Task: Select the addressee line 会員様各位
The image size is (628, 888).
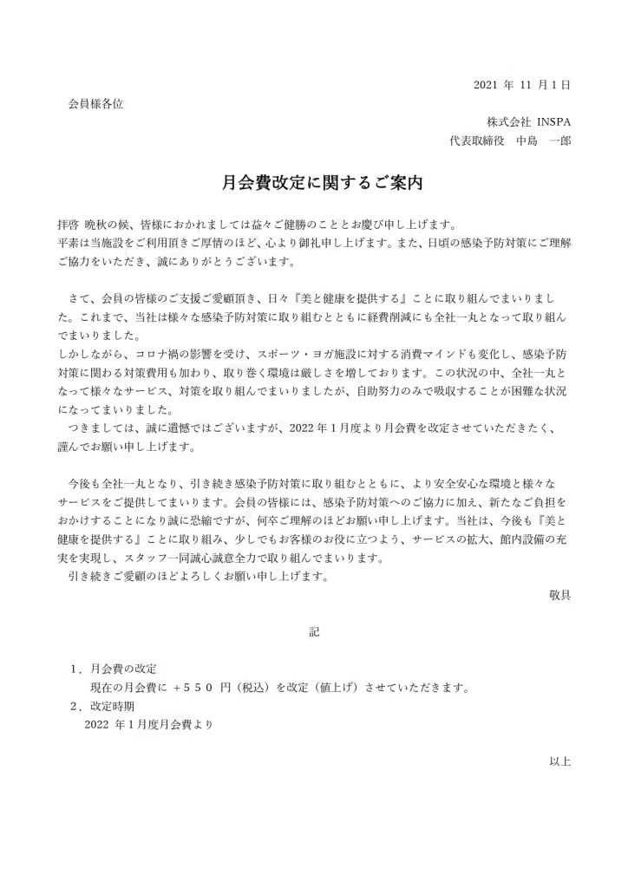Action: click(95, 104)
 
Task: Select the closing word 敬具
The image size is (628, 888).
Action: click(559, 596)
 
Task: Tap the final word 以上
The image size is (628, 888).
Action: click(559, 761)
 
